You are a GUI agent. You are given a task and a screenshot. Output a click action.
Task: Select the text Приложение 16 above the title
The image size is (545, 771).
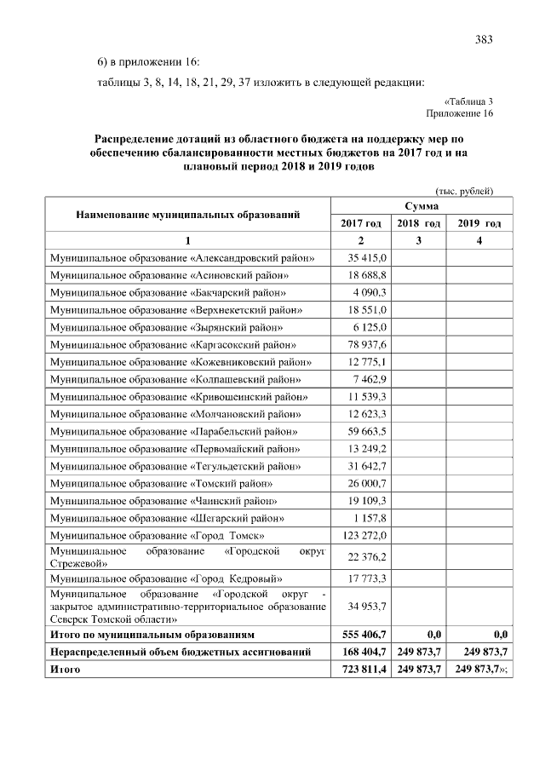coord(460,112)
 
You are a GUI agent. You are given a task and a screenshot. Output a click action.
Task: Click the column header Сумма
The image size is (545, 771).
coord(422,206)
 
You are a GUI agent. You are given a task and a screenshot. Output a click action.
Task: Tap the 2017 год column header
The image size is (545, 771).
coord(361,223)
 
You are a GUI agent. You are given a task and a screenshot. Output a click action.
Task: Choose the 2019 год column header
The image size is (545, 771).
coord(479,223)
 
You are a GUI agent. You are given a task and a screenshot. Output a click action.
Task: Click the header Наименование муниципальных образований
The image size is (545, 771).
coord(187,215)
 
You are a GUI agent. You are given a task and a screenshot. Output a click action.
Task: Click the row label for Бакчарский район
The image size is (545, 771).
coord(169,292)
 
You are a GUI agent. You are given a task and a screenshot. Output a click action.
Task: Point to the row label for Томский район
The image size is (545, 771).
coord(163,483)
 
